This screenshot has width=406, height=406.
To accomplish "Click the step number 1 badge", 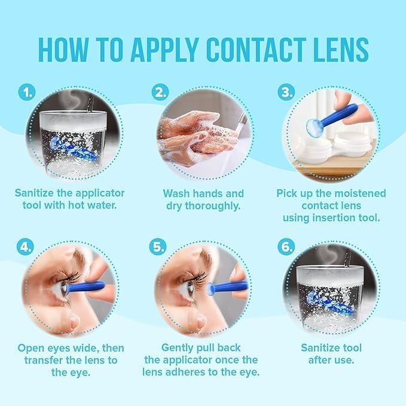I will coord(26,93).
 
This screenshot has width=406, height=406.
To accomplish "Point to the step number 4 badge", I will coord(26,246).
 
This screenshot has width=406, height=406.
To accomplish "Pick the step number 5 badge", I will coord(158,246).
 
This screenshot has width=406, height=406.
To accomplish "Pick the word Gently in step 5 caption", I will coord(181,347).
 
